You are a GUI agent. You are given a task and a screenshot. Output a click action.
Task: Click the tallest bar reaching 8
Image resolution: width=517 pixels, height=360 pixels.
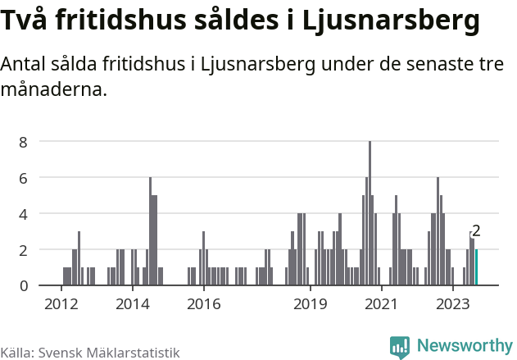click(370, 213)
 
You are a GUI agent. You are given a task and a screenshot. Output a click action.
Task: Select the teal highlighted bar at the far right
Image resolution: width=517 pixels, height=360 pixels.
click(476, 267)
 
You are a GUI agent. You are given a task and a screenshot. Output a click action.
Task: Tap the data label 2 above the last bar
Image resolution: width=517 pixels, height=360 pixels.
click(476, 231)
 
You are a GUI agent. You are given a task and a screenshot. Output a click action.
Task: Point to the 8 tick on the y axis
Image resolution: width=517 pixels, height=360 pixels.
click(24, 142)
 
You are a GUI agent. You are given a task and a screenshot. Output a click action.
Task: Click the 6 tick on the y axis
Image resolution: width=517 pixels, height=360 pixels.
click(24, 178)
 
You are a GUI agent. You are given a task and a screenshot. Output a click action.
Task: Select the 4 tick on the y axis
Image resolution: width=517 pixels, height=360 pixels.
click(24, 214)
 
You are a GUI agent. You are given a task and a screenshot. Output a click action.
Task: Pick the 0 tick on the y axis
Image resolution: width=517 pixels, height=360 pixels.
click(24, 285)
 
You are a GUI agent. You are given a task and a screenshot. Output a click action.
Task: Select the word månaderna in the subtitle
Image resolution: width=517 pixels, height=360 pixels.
click(54, 90)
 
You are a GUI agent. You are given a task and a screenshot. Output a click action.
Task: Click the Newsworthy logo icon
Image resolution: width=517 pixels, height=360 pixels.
click(400, 347)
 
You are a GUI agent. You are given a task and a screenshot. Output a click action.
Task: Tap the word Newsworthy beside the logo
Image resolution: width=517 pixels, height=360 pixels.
click(465, 346)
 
